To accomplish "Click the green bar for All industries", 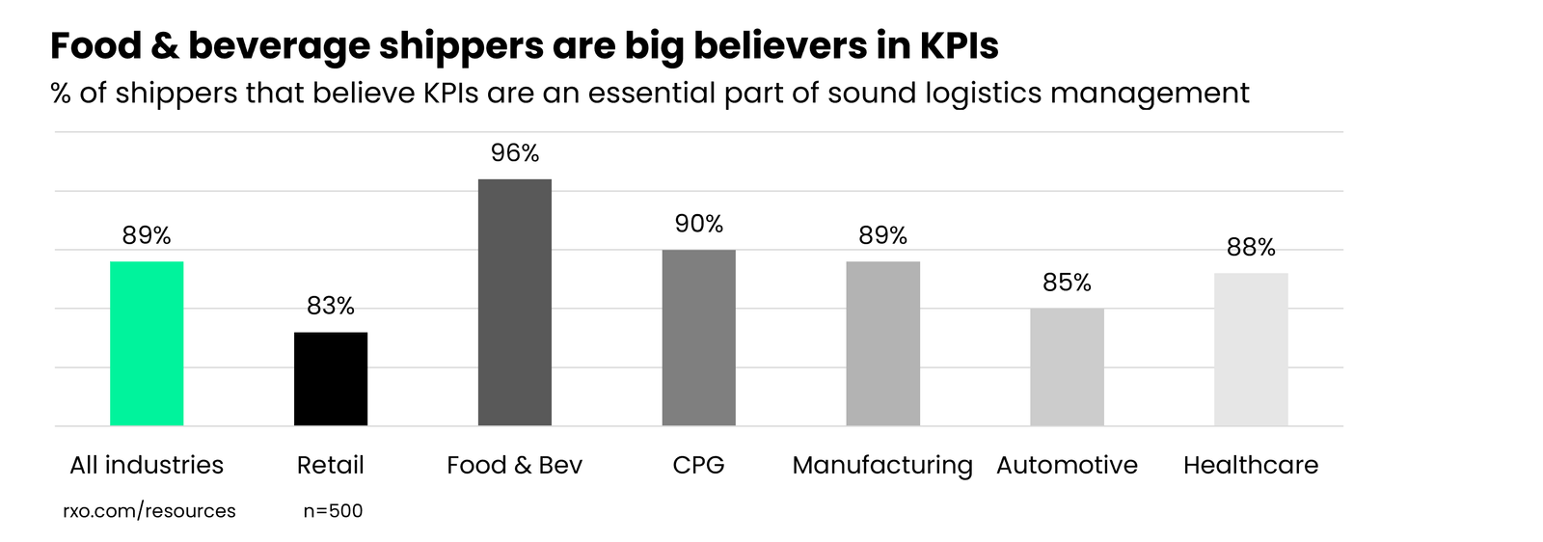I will pos(147,343).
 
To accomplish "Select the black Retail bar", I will pos(331,379).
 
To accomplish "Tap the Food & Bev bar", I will pos(515,303).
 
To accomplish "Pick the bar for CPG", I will pos(698,338).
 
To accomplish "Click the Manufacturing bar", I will pos(882,343).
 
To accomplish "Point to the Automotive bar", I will pos(1067,367).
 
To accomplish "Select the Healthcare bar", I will pos(1251,349).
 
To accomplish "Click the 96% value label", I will pos(515,153).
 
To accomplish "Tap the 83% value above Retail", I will pos(331,306).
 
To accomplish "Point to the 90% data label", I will pos(698,224).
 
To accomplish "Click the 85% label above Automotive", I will pos(1067,283).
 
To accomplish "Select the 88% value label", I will pos(1251,248).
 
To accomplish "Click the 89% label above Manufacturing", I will pos(882,235).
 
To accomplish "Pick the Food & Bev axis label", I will pos(515,465).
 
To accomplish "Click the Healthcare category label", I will pos(1251,465).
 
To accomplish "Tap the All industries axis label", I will pos(147,465).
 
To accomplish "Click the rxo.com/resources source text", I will pos(149,511).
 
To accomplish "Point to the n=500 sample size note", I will pos(333,511).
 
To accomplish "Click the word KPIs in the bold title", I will pos(958,45).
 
